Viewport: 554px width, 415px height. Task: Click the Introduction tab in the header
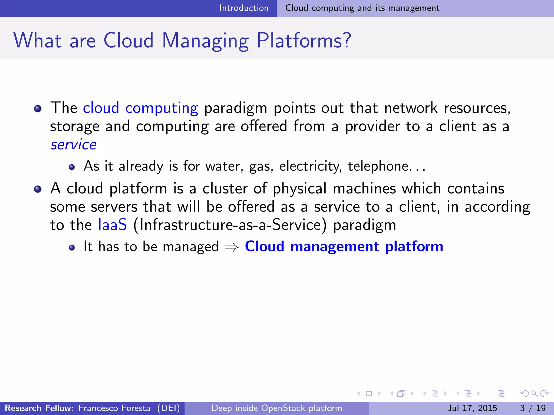pyautogui.click(x=244, y=8)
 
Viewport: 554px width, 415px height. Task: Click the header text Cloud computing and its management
pyautogui.click(x=362, y=8)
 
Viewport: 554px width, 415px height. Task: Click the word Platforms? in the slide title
pyautogui.click(x=304, y=41)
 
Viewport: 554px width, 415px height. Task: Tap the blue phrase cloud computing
pyautogui.click(x=140, y=108)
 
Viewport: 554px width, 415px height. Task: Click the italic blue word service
pyautogui.click(x=74, y=145)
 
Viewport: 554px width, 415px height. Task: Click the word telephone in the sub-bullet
pyautogui.click(x=378, y=166)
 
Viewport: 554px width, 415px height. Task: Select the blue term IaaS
pyautogui.click(x=112, y=225)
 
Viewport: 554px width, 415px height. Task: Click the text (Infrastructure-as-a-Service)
pyautogui.click(x=230, y=225)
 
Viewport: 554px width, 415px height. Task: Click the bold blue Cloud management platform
pyautogui.click(x=344, y=246)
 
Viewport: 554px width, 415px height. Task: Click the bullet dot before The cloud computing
pyautogui.click(x=38, y=109)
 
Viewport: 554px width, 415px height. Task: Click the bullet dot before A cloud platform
pyautogui.click(x=38, y=189)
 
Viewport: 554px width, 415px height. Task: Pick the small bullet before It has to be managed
pyautogui.click(x=72, y=248)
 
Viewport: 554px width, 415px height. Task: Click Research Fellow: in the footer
pyautogui.click(x=39, y=408)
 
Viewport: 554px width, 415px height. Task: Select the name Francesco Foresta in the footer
pyautogui.click(x=114, y=408)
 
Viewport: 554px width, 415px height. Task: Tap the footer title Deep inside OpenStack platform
pyautogui.click(x=277, y=408)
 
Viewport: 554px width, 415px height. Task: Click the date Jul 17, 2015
pyautogui.click(x=472, y=408)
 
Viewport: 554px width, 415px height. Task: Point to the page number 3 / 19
pyautogui.click(x=533, y=408)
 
